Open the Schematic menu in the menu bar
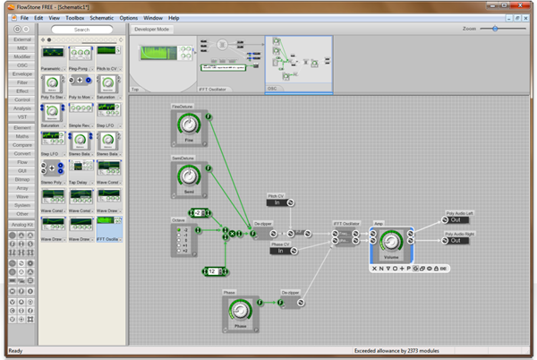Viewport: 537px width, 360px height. (x=101, y=18)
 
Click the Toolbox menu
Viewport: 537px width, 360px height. (x=75, y=18)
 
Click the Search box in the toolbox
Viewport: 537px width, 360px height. (x=81, y=30)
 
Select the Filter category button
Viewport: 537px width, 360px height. (x=21, y=81)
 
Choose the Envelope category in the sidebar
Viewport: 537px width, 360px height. (x=21, y=73)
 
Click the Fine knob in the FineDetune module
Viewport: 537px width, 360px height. (x=189, y=130)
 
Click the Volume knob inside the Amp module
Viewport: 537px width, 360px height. (x=390, y=242)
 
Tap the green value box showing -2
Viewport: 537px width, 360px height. (x=200, y=212)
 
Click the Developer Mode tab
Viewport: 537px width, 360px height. (x=152, y=29)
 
